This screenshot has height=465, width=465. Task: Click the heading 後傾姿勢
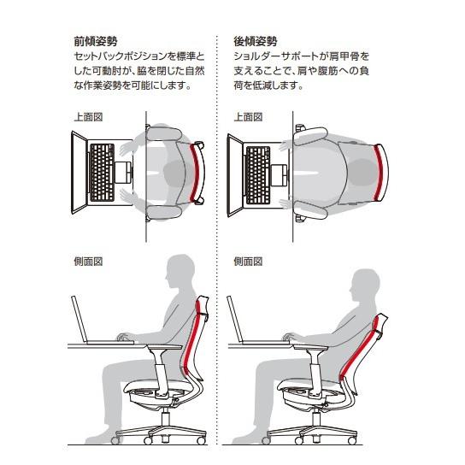click(254, 40)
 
